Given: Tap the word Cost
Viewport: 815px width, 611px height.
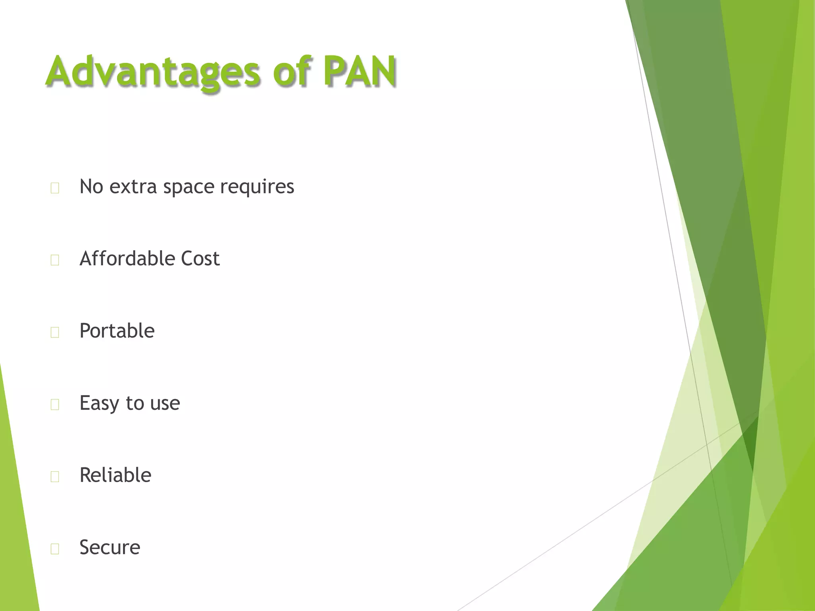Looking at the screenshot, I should click(200, 259).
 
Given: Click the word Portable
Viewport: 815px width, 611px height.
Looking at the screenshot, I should click(117, 331).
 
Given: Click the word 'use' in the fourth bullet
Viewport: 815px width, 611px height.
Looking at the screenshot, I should click(165, 403).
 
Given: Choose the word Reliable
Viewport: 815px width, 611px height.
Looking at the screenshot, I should click(115, 475).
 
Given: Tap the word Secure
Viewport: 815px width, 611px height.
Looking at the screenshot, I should click(110, 547).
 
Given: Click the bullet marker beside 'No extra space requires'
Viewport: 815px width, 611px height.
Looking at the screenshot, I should click(55, 188).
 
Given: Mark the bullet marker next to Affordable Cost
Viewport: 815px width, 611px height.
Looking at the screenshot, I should click(55, 260).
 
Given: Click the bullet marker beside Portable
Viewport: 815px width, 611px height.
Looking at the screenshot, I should click(55, 332).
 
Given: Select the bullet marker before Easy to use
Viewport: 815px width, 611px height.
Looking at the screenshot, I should click(55, 404).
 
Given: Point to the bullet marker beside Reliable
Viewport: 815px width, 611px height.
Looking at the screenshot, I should click(55, 476).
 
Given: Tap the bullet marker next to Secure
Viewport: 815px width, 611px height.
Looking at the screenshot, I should click(55, 549).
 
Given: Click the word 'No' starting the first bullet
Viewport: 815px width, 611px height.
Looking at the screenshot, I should click(91, 187).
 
